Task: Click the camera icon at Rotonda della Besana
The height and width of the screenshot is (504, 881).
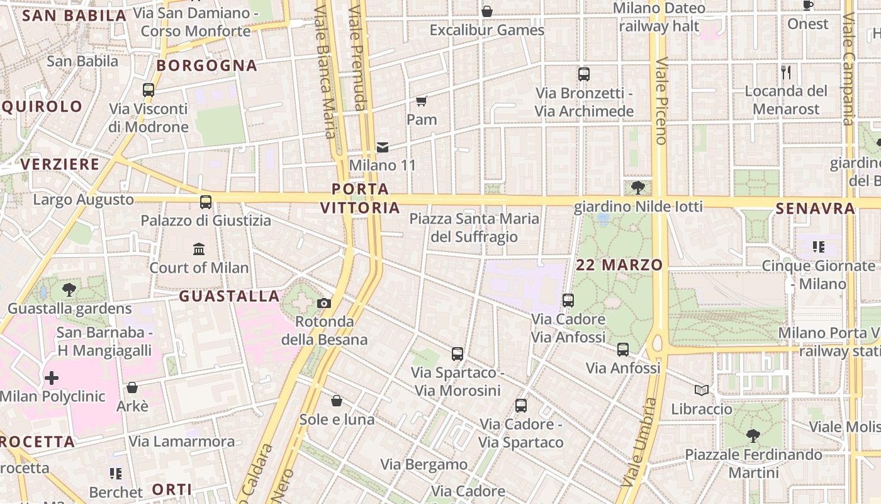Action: pos(324,303)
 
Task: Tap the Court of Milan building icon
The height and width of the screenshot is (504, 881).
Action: pos(199,249)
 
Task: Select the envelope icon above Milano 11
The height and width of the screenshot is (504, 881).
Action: pos(382,147)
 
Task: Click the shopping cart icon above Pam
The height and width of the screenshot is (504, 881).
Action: pos(421,101)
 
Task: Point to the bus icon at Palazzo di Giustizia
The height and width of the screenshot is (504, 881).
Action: pos(206,202)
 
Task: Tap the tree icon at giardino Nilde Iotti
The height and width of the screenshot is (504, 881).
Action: pos(638,187)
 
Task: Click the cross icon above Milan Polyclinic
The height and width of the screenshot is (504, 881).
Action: pos(52,378)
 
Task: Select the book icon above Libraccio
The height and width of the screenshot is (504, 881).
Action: pos(702,391)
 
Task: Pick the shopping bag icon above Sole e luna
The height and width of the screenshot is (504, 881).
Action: pos(337,401)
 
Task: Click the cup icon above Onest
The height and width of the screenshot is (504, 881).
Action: pos(808,5)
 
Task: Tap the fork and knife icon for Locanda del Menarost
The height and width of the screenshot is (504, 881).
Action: pos(786,72)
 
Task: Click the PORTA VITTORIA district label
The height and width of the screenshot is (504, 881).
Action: pos(360,198)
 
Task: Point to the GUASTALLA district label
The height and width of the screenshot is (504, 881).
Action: pos(229,296)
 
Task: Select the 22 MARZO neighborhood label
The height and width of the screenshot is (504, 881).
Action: pos(619,265)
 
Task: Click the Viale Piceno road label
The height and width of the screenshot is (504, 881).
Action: pos(661,101)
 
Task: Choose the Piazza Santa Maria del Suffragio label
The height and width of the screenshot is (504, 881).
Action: pos(474,227)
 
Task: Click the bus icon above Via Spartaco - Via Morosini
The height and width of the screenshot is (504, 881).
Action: pos(457,354)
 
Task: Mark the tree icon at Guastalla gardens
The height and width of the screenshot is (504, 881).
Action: pos(69,290)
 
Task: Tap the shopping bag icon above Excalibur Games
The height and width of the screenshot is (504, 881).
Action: pos(486,11)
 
